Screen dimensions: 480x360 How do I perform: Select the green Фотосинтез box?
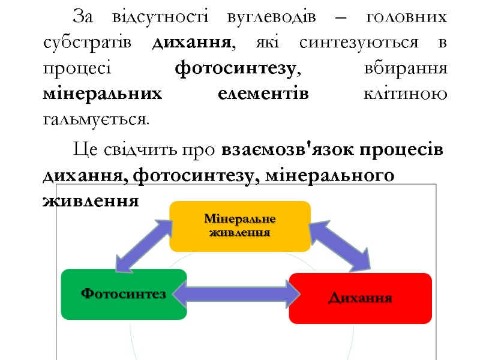pyautogui.click(x=124, y=294)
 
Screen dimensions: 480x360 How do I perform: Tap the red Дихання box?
pyautogui.click(x=360, y=298)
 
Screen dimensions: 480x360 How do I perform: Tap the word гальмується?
pyautogui.click(x=95, y=119)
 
